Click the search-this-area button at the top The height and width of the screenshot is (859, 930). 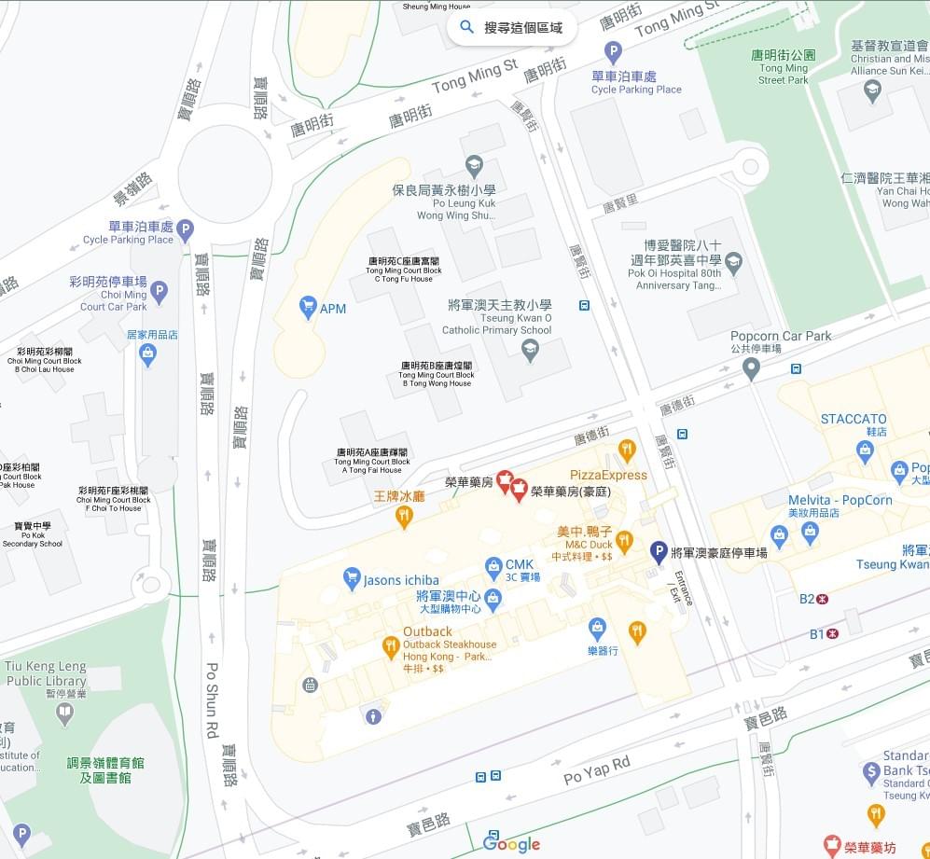[511, 28]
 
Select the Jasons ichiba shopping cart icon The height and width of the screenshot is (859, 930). [352, 579]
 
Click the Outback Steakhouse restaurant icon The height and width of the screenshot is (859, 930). [391, 645]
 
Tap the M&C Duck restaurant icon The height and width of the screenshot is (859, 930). [625, 540]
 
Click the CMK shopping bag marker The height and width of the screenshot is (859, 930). [493, 565]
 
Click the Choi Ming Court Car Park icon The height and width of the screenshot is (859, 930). [159, 292]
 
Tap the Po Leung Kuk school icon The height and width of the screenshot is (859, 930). [474, 167]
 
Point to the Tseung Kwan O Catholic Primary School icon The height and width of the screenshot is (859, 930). [530, 350]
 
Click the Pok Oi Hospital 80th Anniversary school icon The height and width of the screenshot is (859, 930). [733, 260]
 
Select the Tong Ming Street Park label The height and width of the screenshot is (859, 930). [784, 67]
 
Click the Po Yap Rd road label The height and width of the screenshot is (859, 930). [597, 770]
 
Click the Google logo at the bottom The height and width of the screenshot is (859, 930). [511, 844]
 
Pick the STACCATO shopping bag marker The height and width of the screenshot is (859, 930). [865, 451]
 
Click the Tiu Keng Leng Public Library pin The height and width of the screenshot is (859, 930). [64, 714]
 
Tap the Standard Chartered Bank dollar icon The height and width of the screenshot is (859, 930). [871, 771]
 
